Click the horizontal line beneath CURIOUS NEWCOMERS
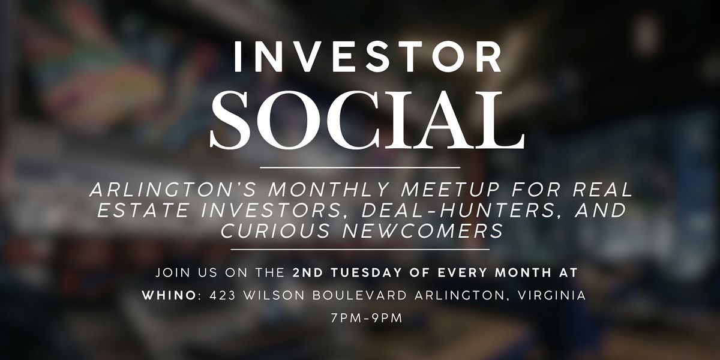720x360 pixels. click(360, 249)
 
